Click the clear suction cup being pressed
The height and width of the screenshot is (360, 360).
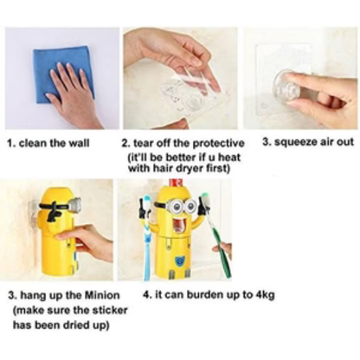tap(287, 86)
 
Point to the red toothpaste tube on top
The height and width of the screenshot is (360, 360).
tap(176, 183)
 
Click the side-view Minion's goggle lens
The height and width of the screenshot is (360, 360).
tap(75, 205)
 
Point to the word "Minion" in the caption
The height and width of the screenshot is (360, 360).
tap(102, 295)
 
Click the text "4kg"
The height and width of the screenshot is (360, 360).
tap(265, 295)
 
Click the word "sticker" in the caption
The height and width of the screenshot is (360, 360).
tap(109, 310)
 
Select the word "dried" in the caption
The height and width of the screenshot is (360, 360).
tap(79, 325)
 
